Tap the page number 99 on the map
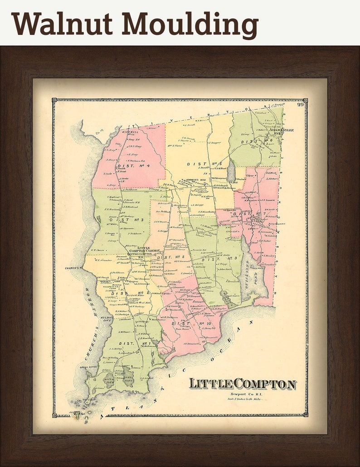point(300,105)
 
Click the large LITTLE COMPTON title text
point(242,384)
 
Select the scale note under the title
point(243,404)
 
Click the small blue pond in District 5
point(231,170)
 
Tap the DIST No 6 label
point(254,141)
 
